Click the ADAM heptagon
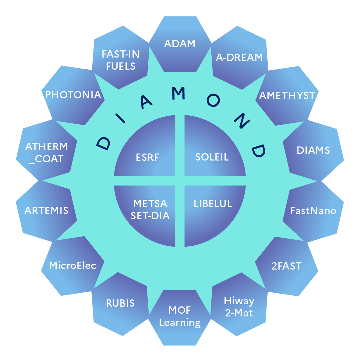coord(180,44)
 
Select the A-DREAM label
coord(239,57)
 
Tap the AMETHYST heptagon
coord(287,95)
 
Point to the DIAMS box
coord(313,150)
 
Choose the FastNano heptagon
coord(313,211)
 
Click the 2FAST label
coord(286,266)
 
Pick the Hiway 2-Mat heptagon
coord(239,307)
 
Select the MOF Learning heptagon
coord(180,317)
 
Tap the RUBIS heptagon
coord(120,303)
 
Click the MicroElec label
coord(73,266)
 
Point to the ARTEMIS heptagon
coord(46,211)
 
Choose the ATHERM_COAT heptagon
coord(46,153)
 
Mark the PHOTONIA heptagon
coord(73,95)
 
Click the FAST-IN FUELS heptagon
coord(121,60)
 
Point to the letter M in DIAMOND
coord(179,94)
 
